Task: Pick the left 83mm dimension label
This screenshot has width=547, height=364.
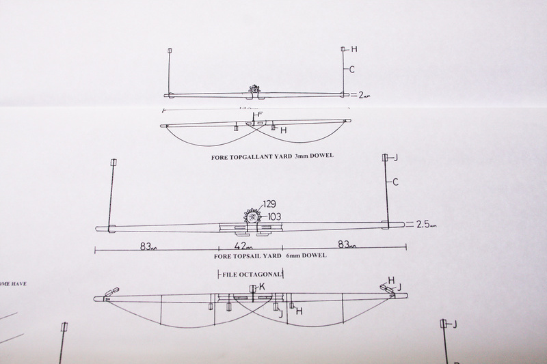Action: (x=148, y=246)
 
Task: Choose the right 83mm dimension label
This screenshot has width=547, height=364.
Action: (x=348, y=244)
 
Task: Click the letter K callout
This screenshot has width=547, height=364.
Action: (x=262, y=288)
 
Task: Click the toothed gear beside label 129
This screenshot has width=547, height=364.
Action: (x=252, y=216)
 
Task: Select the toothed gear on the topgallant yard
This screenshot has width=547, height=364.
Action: (x=255, y=89)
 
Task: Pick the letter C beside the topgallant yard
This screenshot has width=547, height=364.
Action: (x=351, y=69)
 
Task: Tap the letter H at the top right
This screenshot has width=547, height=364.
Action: (x=354, y=49)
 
